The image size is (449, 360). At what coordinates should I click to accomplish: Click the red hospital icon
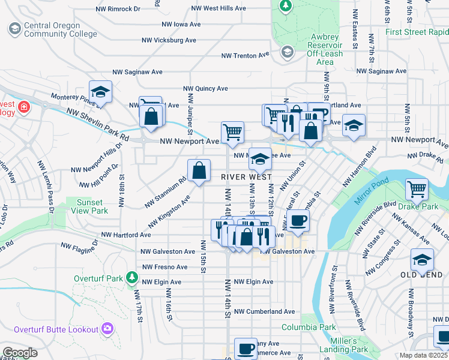[x=23, y=108]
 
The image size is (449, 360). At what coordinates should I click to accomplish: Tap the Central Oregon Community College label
[x=59, y=30]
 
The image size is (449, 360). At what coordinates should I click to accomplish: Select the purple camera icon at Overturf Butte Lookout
[x=107, y=328]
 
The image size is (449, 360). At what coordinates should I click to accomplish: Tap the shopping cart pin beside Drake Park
[x=417, y=190]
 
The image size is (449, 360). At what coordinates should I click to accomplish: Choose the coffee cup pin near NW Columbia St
[x=298, y=221]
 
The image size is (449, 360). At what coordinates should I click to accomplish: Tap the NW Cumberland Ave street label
[x=264, y=311]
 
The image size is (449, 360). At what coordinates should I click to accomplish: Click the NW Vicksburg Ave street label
[x=169, y=40]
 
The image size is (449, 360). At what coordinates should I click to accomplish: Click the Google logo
[x=19, y=353]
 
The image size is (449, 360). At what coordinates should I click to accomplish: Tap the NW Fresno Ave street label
[x=165, y=267]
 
